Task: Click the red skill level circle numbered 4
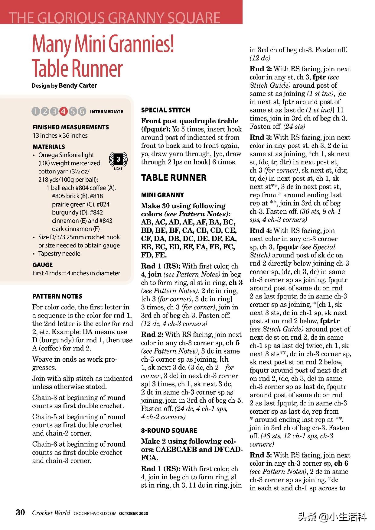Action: pyautogui.click(x=64, y=111)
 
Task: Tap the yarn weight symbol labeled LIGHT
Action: pyautogui.click(x=118, y=160)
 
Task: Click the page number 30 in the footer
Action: pyautogui.click(x=21, y=512)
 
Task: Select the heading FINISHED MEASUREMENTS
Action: pyautogui.click(x=71, y=127)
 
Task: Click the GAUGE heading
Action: pyautogui.click(x=43, y=265)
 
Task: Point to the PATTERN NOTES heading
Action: pyautogui.click(x=57, y=296)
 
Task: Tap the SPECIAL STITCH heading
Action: pyautogui.click(x=166, y=110)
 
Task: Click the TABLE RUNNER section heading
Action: pyautogui.click(x=174, y=178)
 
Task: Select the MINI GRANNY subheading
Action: pyautogui.click(x=162, y=195)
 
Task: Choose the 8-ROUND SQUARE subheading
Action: pyautogui.click(x=169, y=431)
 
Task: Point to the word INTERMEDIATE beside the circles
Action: pyautogui.click(x=106, y=112)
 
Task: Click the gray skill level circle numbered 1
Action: pyautogui.click(x=36, y=111)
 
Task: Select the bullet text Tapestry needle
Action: pyautogui.click(x=59, y=254)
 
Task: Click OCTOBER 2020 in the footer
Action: pyautogui.click(x=133, y=513)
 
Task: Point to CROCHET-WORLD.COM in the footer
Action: pyautogui.click(x=95, y=513)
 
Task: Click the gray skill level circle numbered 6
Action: pyautogui.click(x=82, y=111)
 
